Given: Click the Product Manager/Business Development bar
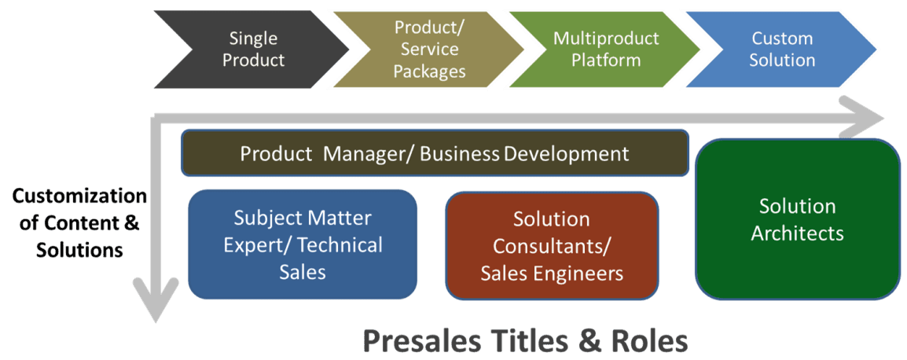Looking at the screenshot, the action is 435,153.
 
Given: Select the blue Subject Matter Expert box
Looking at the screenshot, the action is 303,244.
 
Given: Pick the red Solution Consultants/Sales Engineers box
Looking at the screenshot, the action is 552,246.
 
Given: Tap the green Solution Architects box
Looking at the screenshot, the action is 797,219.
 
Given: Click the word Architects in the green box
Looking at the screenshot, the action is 797,233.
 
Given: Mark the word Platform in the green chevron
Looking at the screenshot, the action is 606,61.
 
